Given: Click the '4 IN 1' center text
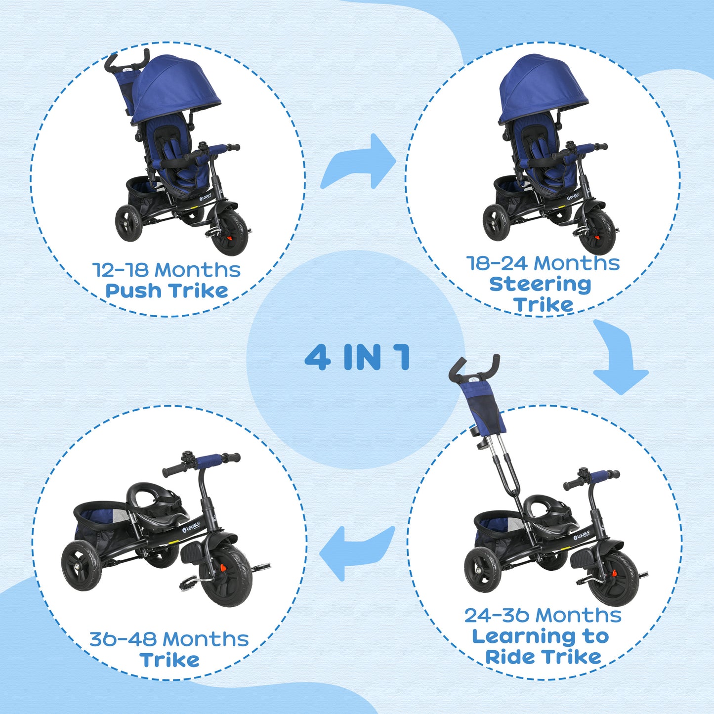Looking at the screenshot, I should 357,357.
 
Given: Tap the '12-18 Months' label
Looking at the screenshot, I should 167,270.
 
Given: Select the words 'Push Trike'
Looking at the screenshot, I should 167,291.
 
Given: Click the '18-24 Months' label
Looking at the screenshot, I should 543,263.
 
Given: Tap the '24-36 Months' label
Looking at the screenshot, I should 543,616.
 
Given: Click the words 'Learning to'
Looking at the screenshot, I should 540,636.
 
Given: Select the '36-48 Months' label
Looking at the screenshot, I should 168,639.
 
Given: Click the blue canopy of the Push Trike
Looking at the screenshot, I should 175,84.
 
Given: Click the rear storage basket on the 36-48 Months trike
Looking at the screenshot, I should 101,519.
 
